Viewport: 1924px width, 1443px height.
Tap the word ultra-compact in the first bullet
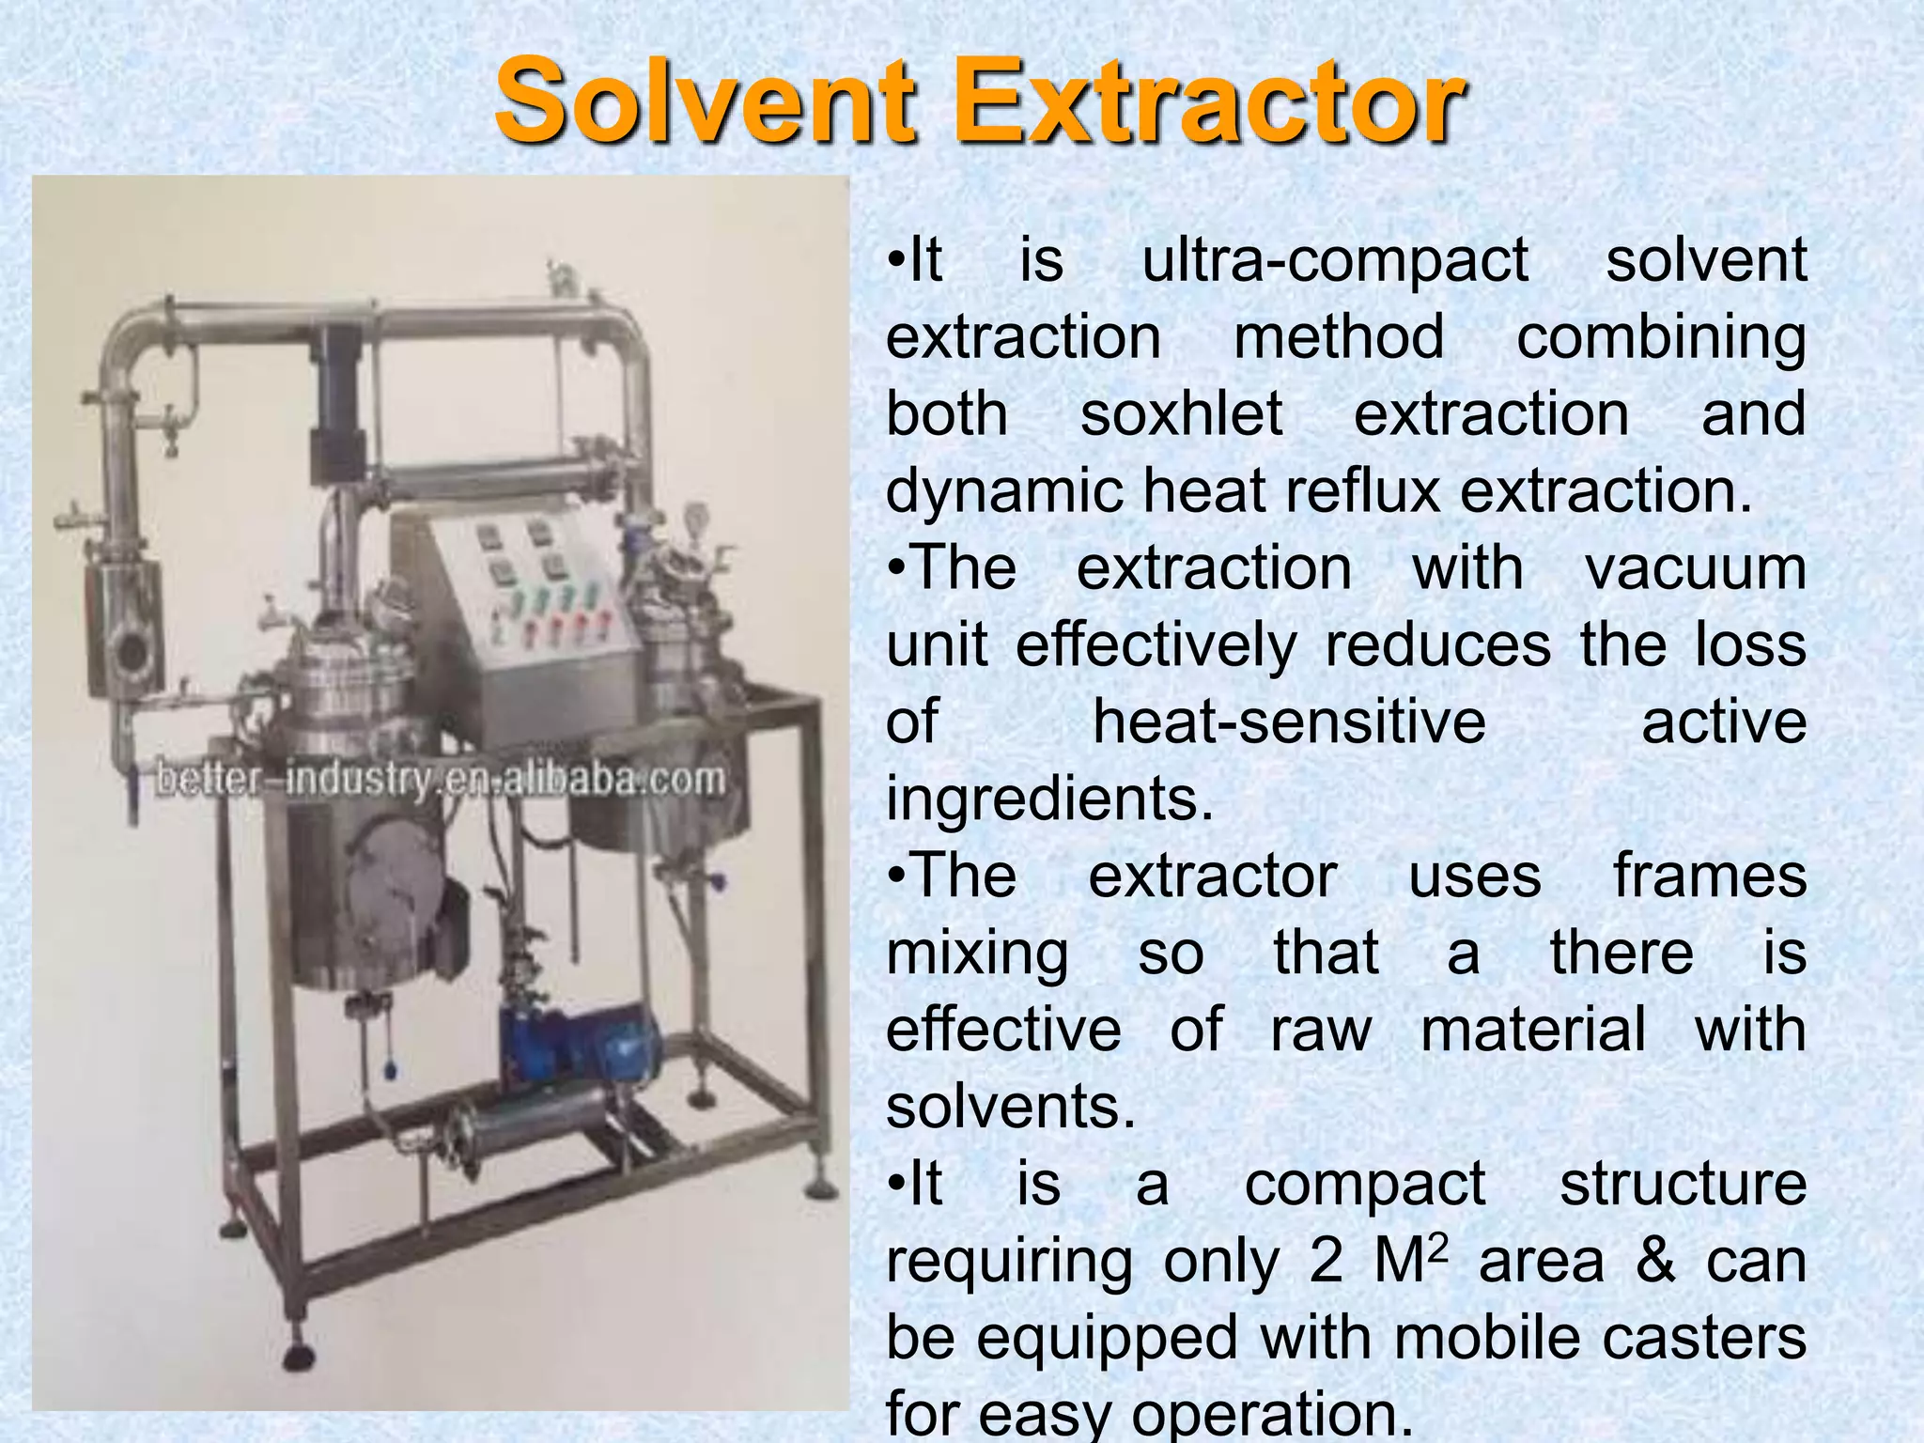click(1334, 260)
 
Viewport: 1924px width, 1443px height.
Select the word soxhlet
click(1181, 414)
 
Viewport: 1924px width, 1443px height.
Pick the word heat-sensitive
click(1289, 722)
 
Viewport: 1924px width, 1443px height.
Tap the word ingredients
click(1049, 799)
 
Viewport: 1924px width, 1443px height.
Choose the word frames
click(1710, 877)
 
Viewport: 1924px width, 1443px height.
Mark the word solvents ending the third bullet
click(1011, 1107)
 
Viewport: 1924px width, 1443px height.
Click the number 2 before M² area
click(1326, 1261)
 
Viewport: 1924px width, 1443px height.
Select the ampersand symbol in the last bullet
click(1655, 1261)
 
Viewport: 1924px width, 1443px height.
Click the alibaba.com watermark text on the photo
click(440, 780)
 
